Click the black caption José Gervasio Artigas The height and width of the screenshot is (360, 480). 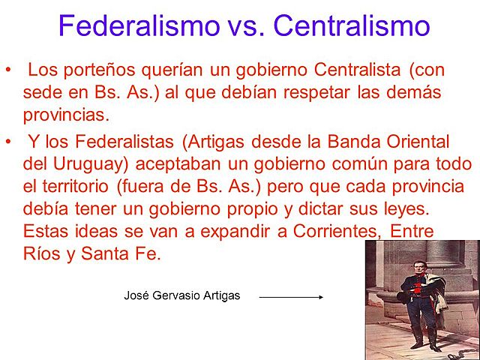181,295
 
